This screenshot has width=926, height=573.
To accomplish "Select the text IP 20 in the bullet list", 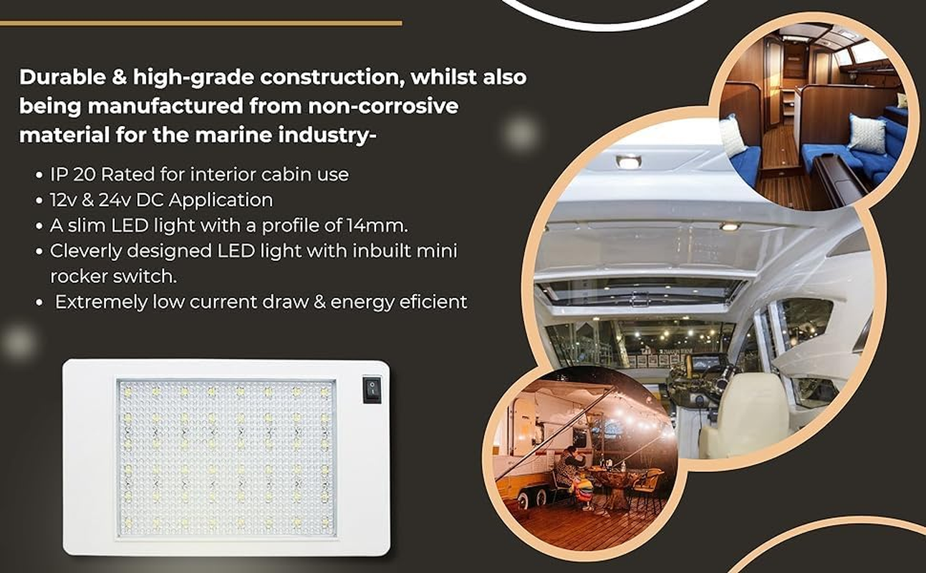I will [x=79, y=174].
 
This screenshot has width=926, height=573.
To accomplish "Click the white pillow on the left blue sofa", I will [x=733, y=136].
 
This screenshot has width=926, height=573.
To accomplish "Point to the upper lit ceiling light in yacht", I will [x=629, y=162].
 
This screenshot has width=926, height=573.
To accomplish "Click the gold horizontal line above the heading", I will [x=201, y=23].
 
